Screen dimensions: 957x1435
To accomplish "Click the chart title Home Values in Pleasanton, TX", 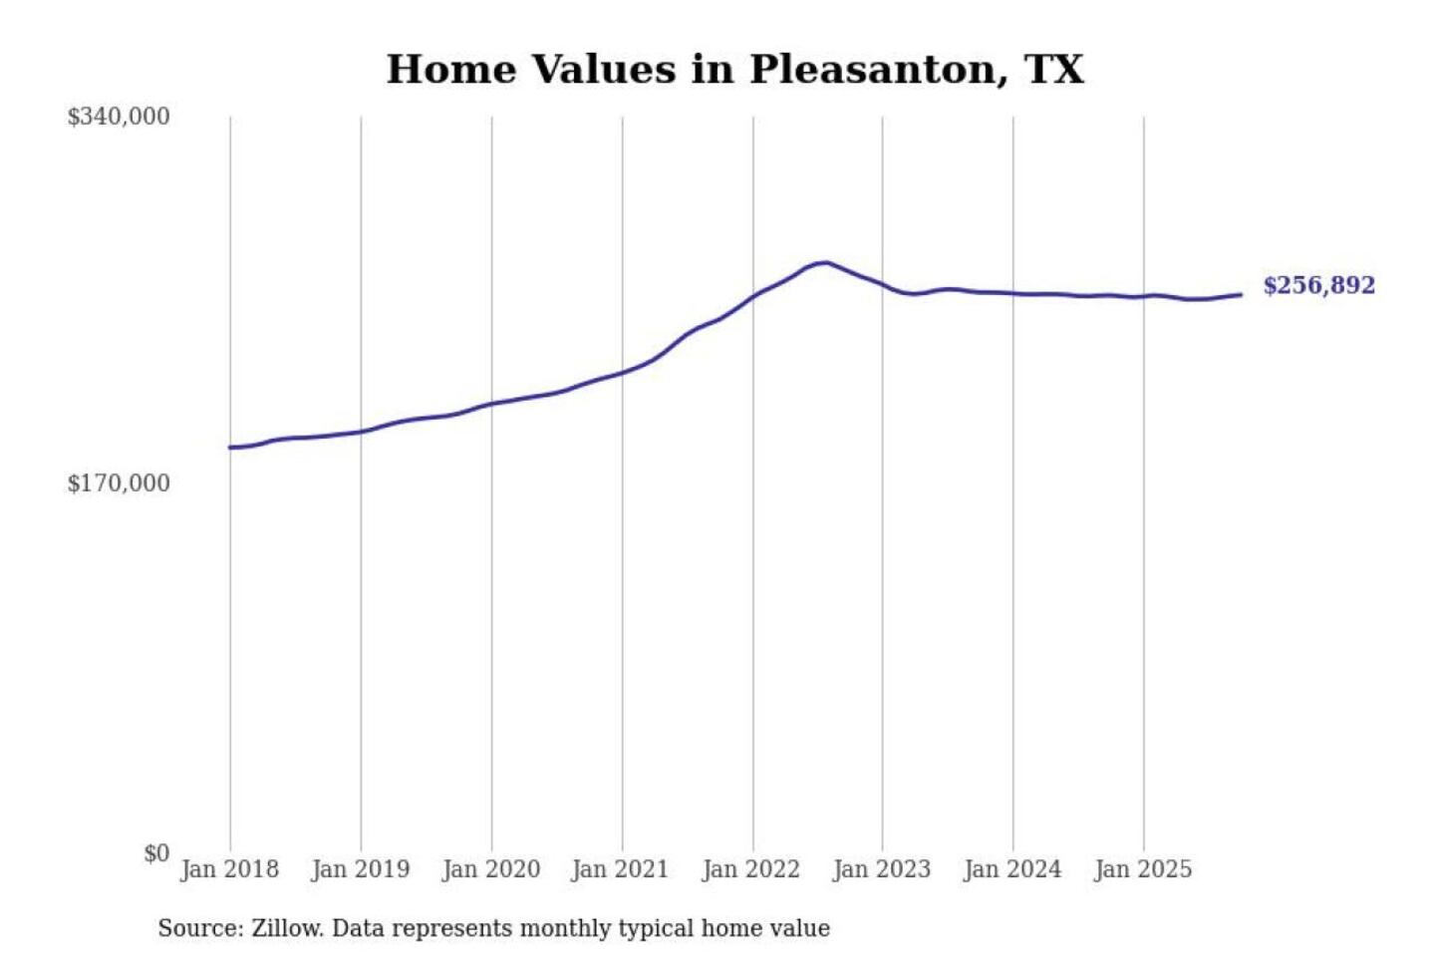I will tap(734, 70).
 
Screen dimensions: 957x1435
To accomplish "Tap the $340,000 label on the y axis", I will tap(119, 117).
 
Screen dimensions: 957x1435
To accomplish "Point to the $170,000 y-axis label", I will tap(119, 483).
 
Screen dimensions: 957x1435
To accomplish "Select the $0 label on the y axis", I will tap(156, 853).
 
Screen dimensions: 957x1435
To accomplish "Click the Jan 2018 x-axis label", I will tap(229, 869).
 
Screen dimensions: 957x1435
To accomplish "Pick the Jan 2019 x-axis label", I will tap(360, 869).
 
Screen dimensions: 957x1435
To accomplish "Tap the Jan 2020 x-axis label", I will tap(490, 869).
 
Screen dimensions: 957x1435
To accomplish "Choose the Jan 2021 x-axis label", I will tap(620, 869).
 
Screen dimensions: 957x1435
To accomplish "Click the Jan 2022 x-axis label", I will tap(750, 869).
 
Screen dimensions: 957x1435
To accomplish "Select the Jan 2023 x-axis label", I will tap(881, 869).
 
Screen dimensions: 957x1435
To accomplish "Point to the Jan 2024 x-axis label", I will tap(1011, 869).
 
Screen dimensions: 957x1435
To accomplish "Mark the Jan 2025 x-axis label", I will tap(1142, 869).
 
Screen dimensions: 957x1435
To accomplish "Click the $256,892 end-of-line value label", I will tap(1318, 286).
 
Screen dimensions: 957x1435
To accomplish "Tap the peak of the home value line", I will tap(825, 262).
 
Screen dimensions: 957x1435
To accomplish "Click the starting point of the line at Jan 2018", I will tap(230, 448).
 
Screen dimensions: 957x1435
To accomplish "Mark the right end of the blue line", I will tap(1241, 294).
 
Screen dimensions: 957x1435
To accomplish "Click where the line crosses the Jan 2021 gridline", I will tap(623, 373).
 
